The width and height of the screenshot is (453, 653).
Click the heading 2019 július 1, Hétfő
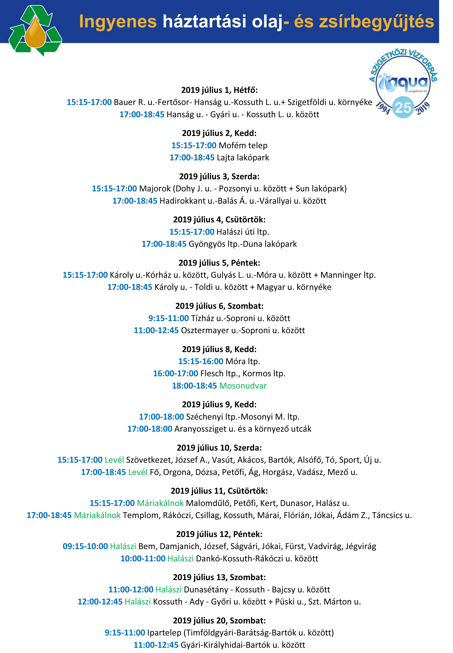219,90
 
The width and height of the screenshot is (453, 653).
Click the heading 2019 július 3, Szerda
219,176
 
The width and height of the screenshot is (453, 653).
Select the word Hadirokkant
182,201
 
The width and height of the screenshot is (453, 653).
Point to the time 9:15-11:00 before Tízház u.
168,318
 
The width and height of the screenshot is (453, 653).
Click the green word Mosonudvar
243,386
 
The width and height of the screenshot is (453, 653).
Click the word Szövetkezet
149,460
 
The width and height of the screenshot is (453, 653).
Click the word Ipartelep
164,633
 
